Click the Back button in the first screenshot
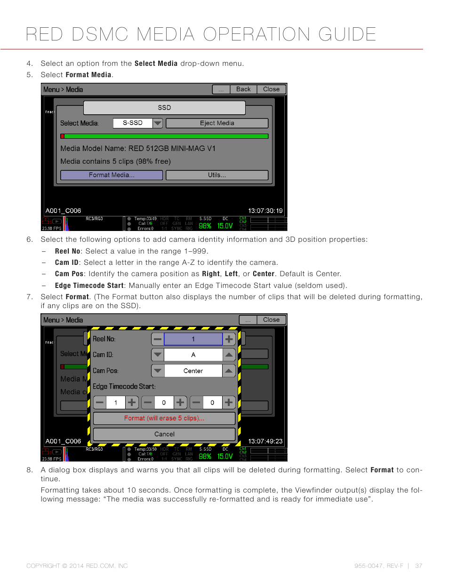tap(243, 89)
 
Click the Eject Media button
tap(217, 123)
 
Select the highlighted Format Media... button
tap(112, 175)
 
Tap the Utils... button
tap(217, 175)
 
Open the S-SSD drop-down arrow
tap(158, 123)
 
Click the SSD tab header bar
tap(164, 108)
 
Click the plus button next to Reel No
tap(229, 339)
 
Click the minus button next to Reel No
tap(158, 339)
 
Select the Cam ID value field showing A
tap(193, 355)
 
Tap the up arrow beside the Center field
tap(229, 371)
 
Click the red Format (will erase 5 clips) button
tap(164, 418)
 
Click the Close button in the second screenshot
tap(271, 320)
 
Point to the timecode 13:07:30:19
tap(265, 211)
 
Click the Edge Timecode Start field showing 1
tap(116, 403)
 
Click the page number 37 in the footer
tap(418, 566)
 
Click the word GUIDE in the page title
tap(347, 35)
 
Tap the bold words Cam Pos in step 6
tap(69, 274)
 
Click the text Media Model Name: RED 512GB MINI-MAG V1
tap(138, 149)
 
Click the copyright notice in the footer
tap(77, 566)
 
